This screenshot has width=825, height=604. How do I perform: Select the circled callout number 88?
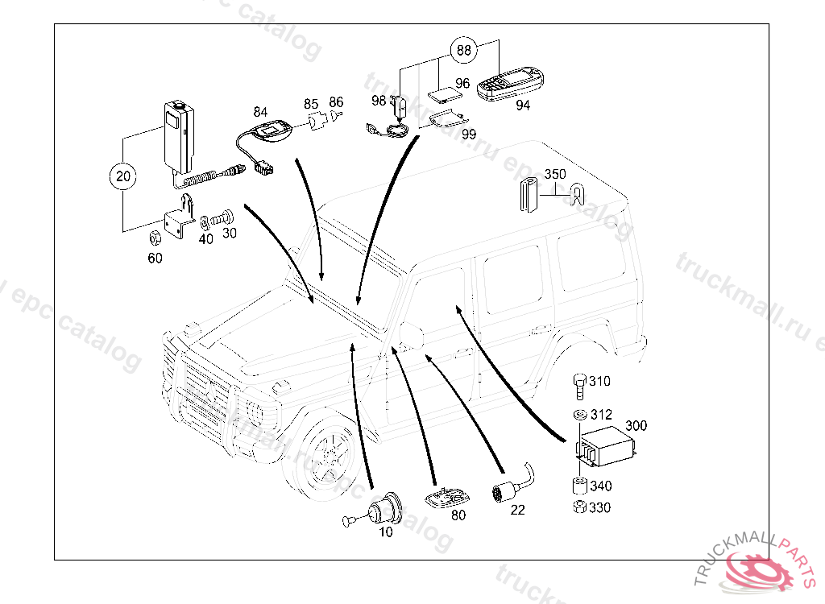pos(463,50)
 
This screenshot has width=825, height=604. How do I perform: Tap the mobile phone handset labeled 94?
pos(511,85)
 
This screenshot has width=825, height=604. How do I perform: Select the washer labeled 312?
pos(580,415)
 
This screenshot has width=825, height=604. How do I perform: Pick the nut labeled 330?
pos(578,507)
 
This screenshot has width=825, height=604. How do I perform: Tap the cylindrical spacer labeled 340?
pos(578,486)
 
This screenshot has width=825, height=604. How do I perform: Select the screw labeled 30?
pos(224,218)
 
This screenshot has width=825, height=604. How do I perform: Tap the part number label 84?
pos(260,110)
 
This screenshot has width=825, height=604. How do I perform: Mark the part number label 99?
pos(468,134)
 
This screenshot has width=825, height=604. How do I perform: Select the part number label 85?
pos(311,104)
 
